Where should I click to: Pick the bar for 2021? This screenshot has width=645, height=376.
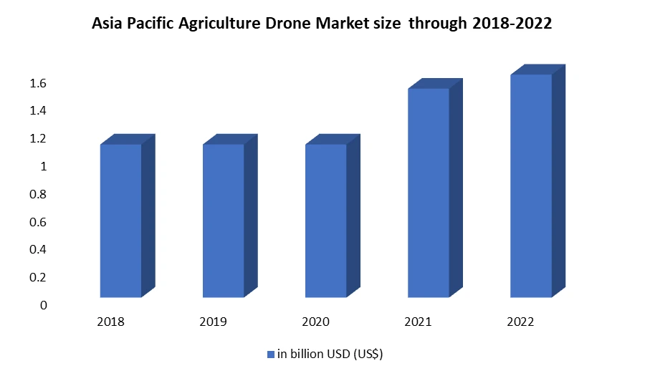pos(428,193)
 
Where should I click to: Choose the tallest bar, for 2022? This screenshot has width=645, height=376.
pos(531,185)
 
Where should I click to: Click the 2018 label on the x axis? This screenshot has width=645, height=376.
pos(110,322)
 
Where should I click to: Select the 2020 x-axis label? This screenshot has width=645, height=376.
pos(316,322)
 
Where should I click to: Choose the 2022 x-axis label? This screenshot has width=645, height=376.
pos(521,322)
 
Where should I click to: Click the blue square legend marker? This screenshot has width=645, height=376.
pos(271,354)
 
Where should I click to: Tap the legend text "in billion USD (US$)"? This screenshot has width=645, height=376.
pos(333,354)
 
